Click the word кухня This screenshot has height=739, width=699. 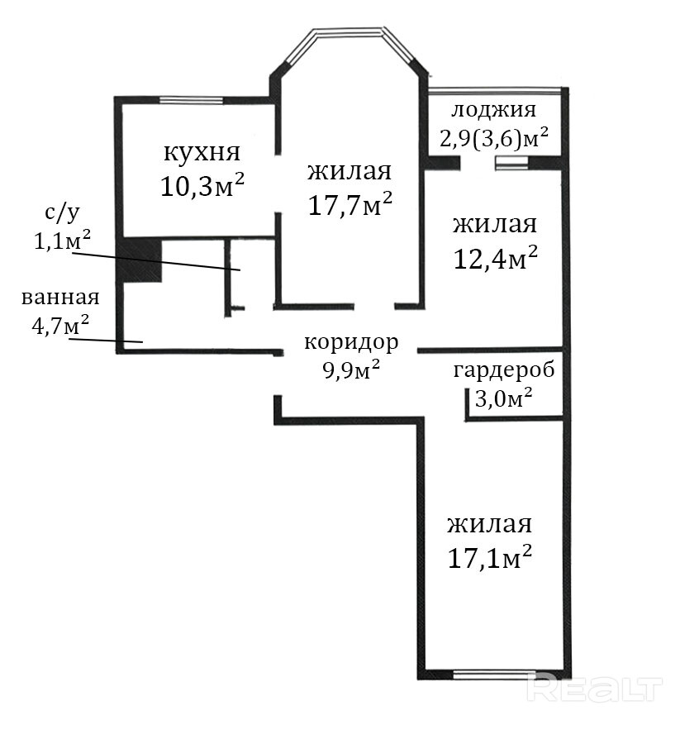click(202, 153)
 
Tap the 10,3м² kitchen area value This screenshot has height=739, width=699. click(202, 185)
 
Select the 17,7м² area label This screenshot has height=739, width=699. click(350, 204)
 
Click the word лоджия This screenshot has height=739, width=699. click(493, 110)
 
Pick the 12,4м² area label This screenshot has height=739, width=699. click(496, 257)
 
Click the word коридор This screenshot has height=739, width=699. click(351, 343)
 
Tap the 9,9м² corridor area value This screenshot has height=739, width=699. click(351, 370)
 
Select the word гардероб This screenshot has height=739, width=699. click(504, 371)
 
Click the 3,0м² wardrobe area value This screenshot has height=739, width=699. click(503, 398)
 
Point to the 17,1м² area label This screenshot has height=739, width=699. click(490, 557)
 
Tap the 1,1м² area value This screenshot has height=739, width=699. click(62, 240)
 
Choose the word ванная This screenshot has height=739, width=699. click(60, 298)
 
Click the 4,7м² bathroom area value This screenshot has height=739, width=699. click(60, 324)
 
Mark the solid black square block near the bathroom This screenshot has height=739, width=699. click(140, 260)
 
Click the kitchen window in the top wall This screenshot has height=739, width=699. click(191, 100)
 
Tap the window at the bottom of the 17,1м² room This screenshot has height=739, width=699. click(495, 675)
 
